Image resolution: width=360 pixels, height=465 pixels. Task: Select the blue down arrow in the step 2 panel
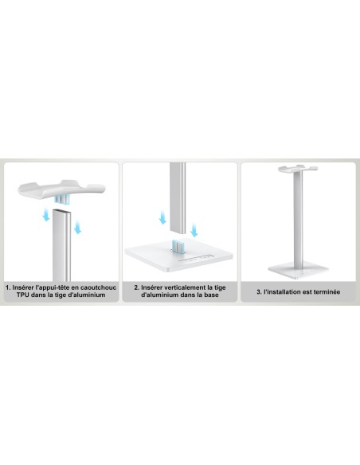click(x=162, y=217)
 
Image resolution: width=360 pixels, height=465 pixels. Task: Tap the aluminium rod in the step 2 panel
click(x=178, y=195)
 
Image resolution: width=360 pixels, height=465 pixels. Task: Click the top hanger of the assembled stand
click(x=299, y=170)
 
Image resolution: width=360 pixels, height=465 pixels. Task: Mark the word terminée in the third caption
click(x=324, y=291)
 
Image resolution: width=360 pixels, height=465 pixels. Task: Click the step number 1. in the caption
click(x=8, y=287)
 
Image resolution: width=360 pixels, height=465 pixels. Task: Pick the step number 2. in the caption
click(x=136, y=287)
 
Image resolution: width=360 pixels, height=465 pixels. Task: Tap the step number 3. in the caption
click(x=259, y=291)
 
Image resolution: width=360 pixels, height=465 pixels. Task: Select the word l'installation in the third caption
click(x=282, y=291)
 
